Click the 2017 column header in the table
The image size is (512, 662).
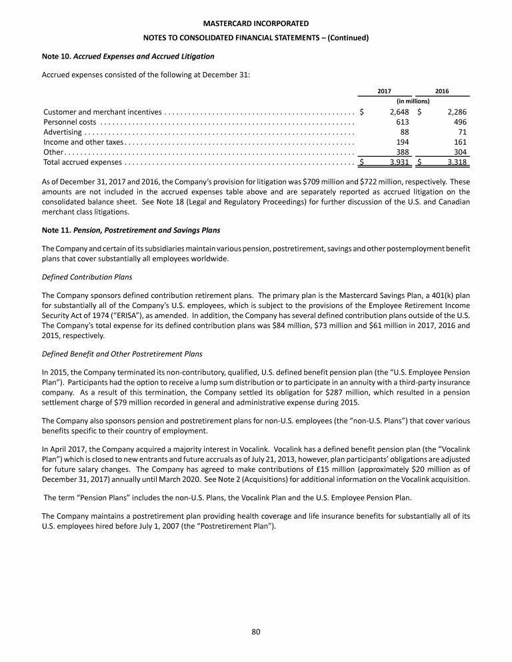coord(384,91)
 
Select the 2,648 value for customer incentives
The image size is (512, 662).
coord(398,112)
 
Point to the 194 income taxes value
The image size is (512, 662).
coord(402,142)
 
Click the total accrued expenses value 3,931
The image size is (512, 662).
coord(398,162)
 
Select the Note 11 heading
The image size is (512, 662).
coord(131,230)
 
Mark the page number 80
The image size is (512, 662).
coord(255,632)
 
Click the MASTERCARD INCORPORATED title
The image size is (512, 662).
coord(255,24)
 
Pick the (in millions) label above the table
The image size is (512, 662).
coord(413,101)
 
